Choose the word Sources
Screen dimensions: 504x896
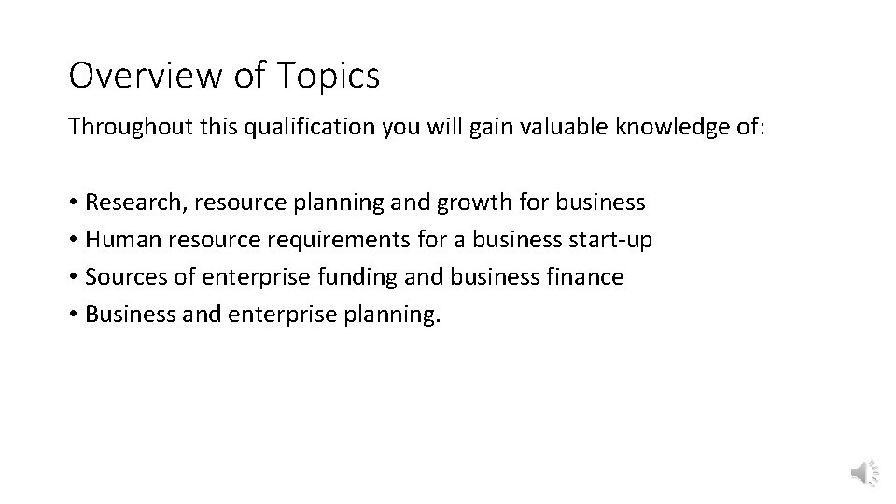[119, 277]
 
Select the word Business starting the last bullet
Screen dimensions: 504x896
[123, 315]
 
